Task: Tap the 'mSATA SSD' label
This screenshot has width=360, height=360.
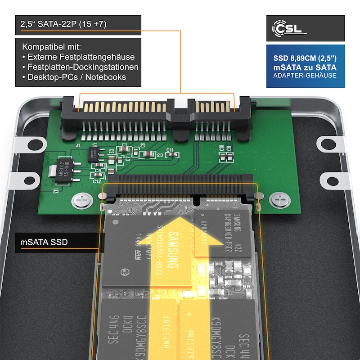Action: pos(44,242)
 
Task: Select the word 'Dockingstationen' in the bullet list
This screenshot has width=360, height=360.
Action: pos(108,67)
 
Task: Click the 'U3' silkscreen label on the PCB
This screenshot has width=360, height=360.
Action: pos(55,191)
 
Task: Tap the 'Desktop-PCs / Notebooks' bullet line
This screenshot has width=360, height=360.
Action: pos(76,77)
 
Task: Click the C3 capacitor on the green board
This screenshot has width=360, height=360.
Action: pos(147,154)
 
